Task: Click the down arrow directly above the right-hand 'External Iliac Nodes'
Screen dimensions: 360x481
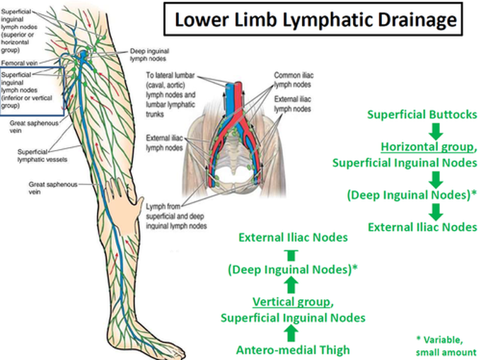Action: click(x=436, y=211)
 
